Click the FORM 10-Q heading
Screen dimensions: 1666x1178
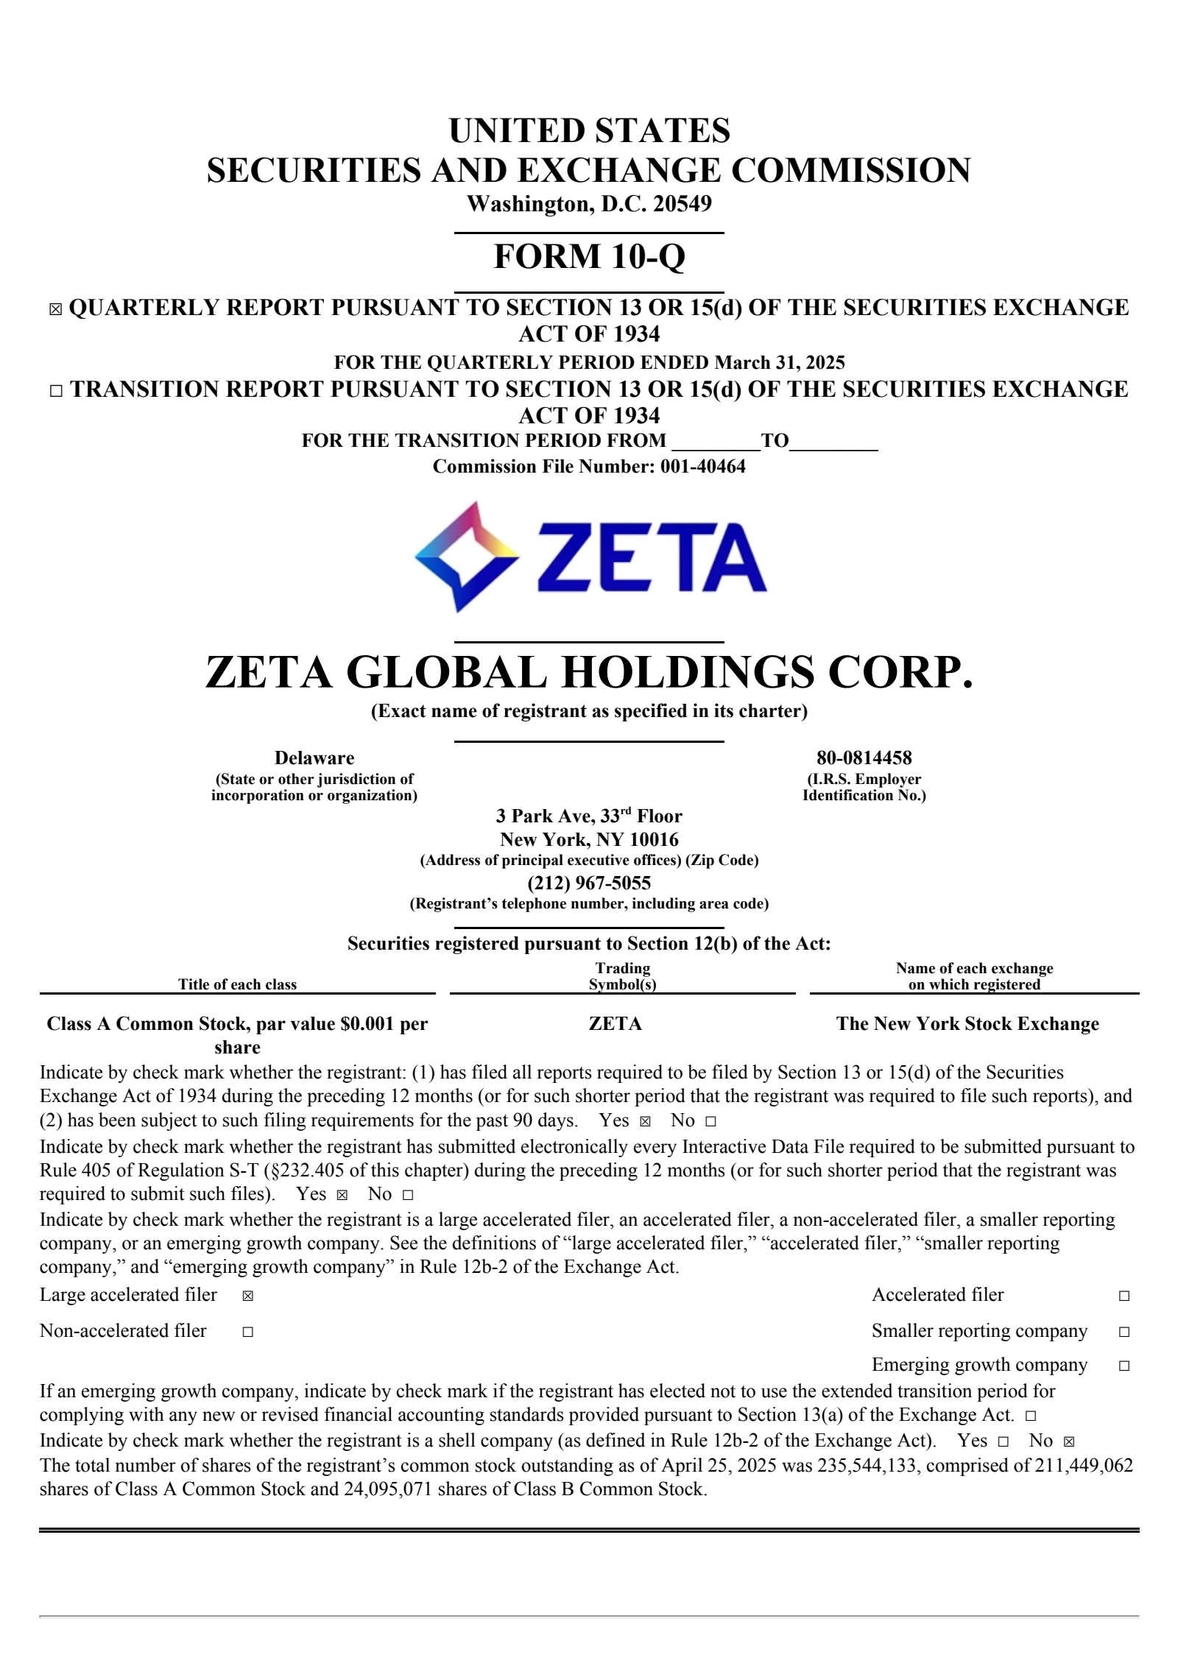[589, 256]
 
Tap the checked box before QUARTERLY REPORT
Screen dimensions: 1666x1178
[55, 309]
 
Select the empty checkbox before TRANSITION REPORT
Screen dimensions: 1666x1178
[56, 391]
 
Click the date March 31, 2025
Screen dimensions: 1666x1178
[780, 362]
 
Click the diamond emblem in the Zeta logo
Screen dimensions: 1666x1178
[466, 557]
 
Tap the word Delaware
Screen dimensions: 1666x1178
[314, 758]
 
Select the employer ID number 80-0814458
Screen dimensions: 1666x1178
[864, 758]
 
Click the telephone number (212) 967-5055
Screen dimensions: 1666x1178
[589, 883]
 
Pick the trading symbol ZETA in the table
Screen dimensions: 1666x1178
[616, 1023]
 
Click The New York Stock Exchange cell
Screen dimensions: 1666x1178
[967, 1023]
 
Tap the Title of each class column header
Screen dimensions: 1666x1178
[237, 984]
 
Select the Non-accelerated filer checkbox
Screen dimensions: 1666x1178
[248, 1332]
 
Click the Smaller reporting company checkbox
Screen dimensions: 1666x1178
[1124, 1332]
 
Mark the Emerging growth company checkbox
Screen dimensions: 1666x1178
[1124, 1366]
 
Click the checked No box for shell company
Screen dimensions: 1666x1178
[1069, 1441]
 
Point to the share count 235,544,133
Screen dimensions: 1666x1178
[867, 1465]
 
